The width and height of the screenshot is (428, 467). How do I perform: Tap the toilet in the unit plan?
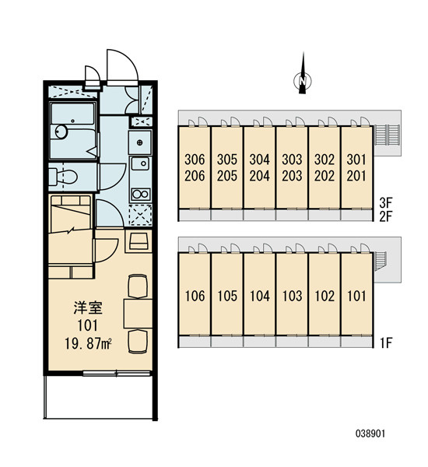click(x=63, y=177)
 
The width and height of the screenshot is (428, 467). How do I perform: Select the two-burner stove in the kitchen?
click(x=140, y=194)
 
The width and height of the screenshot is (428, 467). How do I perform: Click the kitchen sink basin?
click(x=140, y=163)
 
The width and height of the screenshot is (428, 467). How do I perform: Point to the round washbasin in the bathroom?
click(x=61, y=132)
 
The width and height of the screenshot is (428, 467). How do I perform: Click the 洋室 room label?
click(x=88, y=308)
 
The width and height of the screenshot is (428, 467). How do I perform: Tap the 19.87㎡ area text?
click(x=88, y=343)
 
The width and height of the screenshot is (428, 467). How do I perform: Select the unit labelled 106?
click(x=195, y=294)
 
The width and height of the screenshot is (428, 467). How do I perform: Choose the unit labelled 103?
click(x=292, y=294)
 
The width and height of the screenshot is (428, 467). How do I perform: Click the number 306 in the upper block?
click(x=195, y=160)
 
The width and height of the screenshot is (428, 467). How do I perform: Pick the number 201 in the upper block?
click(x=356, y=176)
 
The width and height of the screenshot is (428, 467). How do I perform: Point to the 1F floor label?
click(x=386, y=342)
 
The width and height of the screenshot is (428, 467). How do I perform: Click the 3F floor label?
click(x=386, y=203)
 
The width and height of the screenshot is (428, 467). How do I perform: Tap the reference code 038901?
click(x=370, y=434)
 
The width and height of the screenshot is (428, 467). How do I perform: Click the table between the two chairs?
click(x=138, y=314)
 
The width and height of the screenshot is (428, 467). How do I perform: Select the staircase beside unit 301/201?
click(x=387, y=135)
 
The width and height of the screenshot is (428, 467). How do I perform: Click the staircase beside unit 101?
click(x=380, y=262)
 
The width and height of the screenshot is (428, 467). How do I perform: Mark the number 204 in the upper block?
click(x=259, y=176)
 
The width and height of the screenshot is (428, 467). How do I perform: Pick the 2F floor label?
click(x=386, y=216)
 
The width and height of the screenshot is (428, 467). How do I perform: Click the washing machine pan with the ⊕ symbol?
click(x=140, y=142)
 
